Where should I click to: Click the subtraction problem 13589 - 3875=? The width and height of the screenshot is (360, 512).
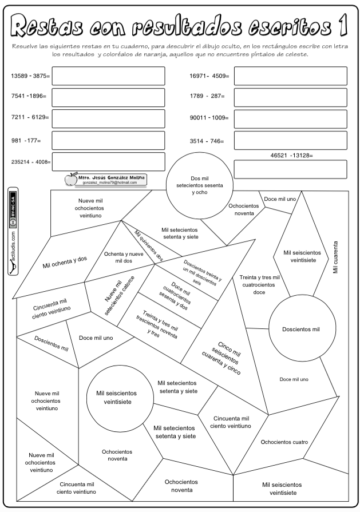pos(30,76)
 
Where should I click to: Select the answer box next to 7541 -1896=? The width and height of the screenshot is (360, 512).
pos(108,97)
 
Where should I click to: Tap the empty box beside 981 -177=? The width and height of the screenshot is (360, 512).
pos(108,140)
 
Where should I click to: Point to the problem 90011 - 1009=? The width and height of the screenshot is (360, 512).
pos(209,118)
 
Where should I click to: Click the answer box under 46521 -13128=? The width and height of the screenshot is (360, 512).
pos(290,169)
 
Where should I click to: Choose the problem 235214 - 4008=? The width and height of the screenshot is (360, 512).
pos(31,162)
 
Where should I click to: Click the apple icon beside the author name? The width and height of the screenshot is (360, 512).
pos(70,180)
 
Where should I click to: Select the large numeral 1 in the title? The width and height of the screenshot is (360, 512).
pos(343,25)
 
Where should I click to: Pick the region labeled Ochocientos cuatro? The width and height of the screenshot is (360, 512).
pos(284,442)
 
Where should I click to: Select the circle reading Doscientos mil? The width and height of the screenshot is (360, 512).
pos(301,329)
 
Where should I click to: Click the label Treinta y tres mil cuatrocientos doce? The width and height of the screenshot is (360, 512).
pos(259,284)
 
